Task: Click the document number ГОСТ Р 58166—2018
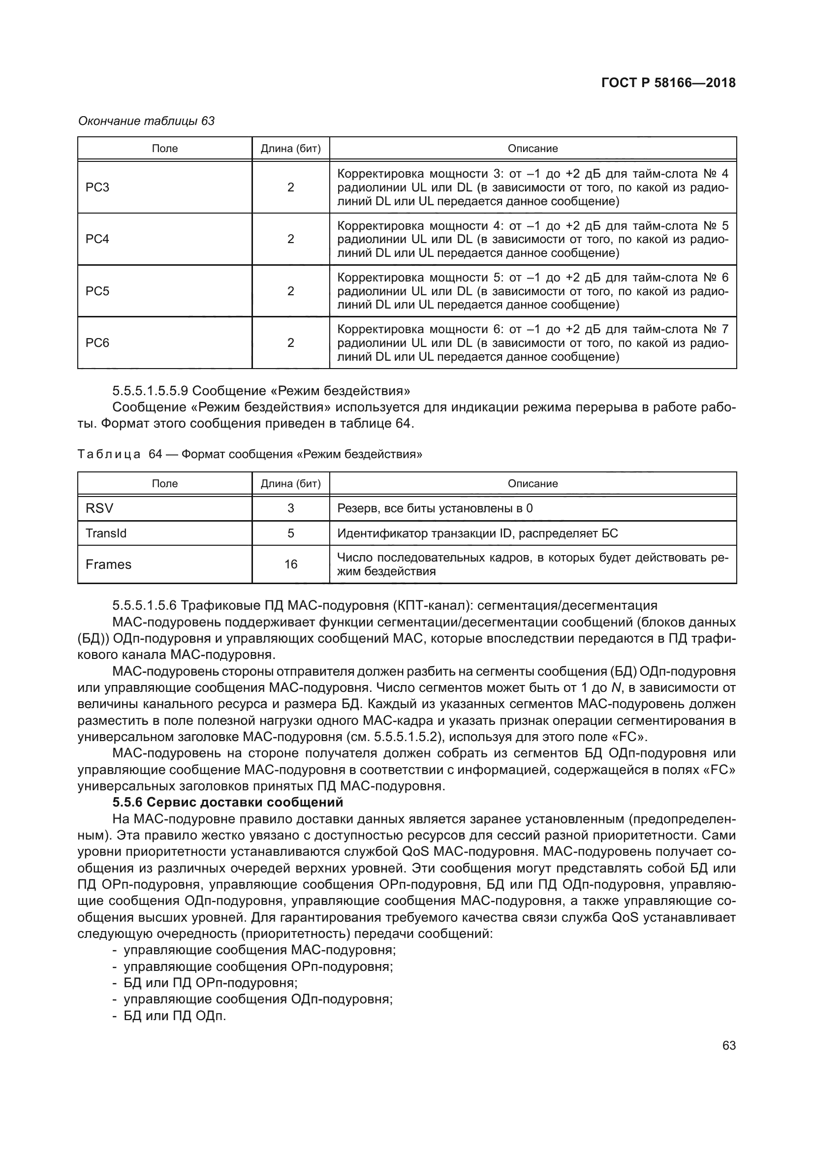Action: coord(668,83)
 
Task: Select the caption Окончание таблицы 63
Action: coord(146,121)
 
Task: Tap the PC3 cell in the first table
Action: coord(97,187)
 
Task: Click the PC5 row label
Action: coord(97,291)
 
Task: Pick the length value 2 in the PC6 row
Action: coord(291,343)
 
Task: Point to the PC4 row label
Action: coord(97,239)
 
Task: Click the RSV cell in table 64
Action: coord(99,508)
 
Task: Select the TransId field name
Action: coord(106,533)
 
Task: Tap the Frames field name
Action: coord(108,564)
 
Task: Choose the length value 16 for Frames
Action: coord(291,564)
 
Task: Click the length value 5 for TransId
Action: coord(291,533)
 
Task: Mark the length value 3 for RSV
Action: coord(291,508)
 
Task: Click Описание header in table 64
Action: coord(532,484)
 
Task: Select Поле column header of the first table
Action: coord(164,149)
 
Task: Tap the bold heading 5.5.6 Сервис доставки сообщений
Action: coord(228,802)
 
